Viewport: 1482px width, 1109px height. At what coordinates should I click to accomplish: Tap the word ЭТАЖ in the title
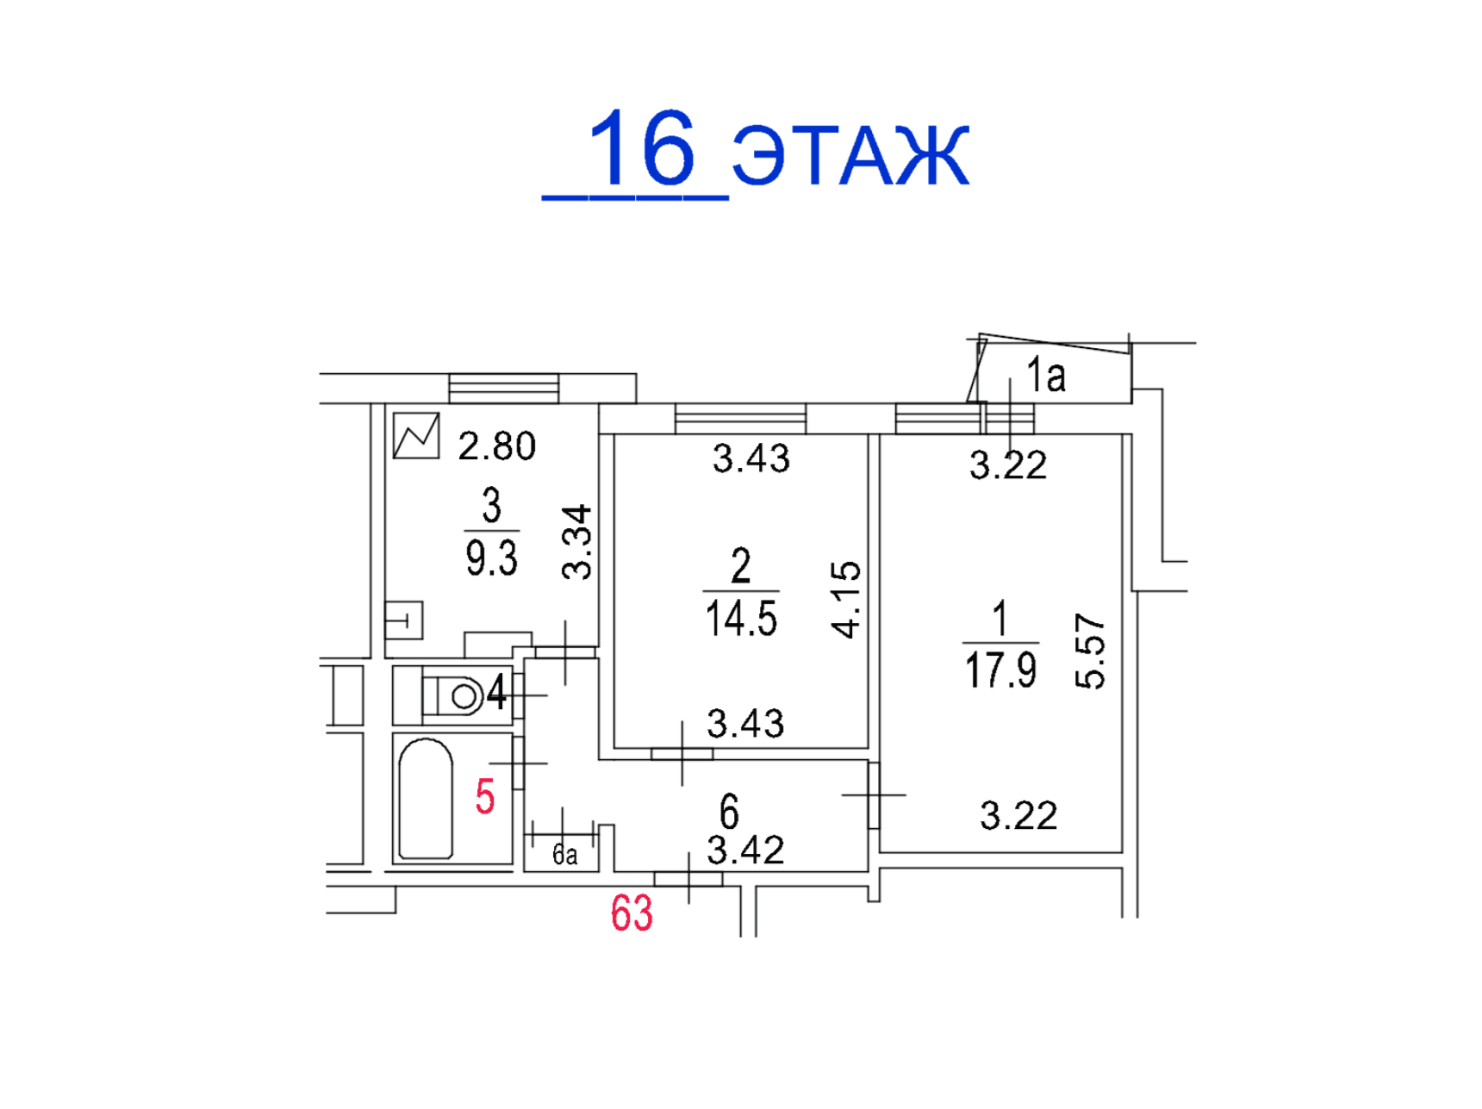pos(851,155)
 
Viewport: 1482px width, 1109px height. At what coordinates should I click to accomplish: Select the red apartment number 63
pos(632,913)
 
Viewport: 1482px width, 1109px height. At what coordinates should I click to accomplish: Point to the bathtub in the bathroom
pos(426,799)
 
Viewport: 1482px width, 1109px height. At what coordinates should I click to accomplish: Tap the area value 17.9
pos(1000,670)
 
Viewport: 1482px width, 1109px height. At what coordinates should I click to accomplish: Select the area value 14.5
pos(741,619)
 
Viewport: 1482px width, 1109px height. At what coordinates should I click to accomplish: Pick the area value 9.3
pos(491,558)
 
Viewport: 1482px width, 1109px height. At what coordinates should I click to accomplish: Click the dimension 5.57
pos(1090,651)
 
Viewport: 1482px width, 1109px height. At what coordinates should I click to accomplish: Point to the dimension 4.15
pos(846,599)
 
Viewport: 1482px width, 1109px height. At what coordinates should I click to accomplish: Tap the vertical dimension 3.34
pos(576,542)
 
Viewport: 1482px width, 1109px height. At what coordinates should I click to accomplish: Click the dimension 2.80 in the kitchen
pos(497,446)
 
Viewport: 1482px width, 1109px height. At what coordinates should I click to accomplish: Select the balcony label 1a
pos(1045,376)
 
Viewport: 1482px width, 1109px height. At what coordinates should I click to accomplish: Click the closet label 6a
pos(564,855)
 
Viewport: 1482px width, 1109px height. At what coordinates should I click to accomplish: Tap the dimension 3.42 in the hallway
pos(745,850)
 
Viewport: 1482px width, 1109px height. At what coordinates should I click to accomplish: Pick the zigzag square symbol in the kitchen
pos(416,436)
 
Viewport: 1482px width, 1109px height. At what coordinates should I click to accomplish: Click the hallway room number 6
pos(729,812)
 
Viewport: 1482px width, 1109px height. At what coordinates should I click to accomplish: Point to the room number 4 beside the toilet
pos(496,692)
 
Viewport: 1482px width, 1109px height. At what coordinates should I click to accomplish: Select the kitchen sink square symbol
pos(403,620)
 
